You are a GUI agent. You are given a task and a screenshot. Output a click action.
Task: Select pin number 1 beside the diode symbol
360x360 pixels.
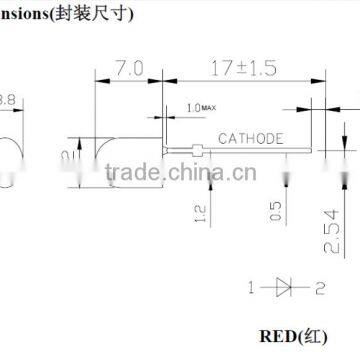251,287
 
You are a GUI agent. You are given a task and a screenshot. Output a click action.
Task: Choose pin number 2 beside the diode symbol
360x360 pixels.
320,287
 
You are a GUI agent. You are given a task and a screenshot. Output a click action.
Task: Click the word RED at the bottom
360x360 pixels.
279,336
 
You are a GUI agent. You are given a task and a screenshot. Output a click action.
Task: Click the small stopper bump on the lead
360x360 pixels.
203,152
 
